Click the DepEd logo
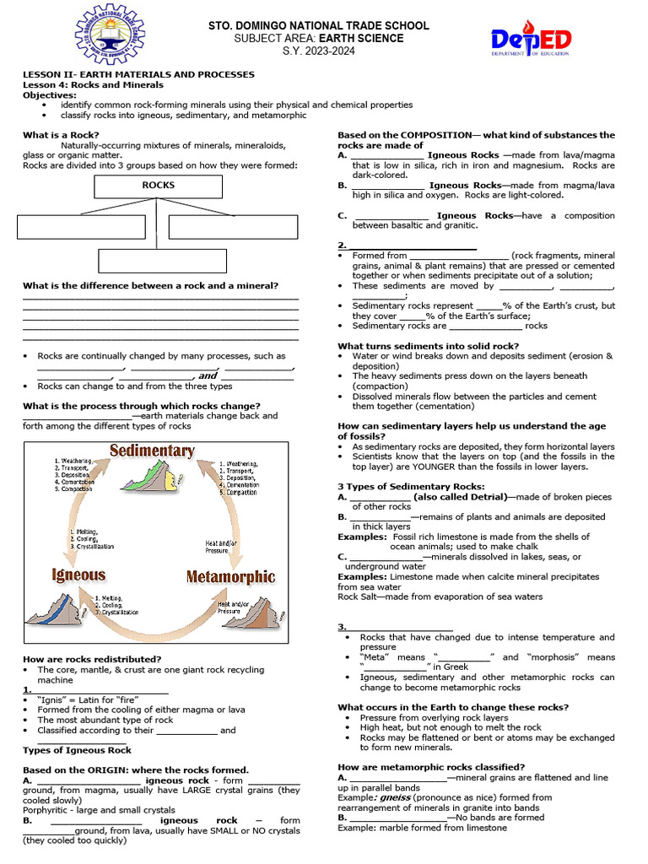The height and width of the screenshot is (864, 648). (531, 40)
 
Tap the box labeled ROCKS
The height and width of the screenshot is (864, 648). (158, 186)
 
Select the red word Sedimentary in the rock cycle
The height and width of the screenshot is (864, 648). (152, 450)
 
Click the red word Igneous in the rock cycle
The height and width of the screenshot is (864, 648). (78, 575)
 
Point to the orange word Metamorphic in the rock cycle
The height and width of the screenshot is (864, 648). (230, 577)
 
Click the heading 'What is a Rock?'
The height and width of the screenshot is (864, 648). (61, 135)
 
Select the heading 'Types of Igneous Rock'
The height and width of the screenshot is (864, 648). (77, 750)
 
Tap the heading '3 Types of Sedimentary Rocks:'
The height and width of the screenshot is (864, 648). (411, 486)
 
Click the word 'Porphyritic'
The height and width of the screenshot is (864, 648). (49, 810)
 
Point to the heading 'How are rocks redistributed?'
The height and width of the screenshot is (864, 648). (92, 659)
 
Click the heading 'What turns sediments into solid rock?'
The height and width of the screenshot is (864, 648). (428, 346)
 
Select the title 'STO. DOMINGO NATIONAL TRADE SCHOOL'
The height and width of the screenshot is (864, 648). (318, 26)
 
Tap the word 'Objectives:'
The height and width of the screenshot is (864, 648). (49, 95)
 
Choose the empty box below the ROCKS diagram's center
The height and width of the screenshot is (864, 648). (162, 260)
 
